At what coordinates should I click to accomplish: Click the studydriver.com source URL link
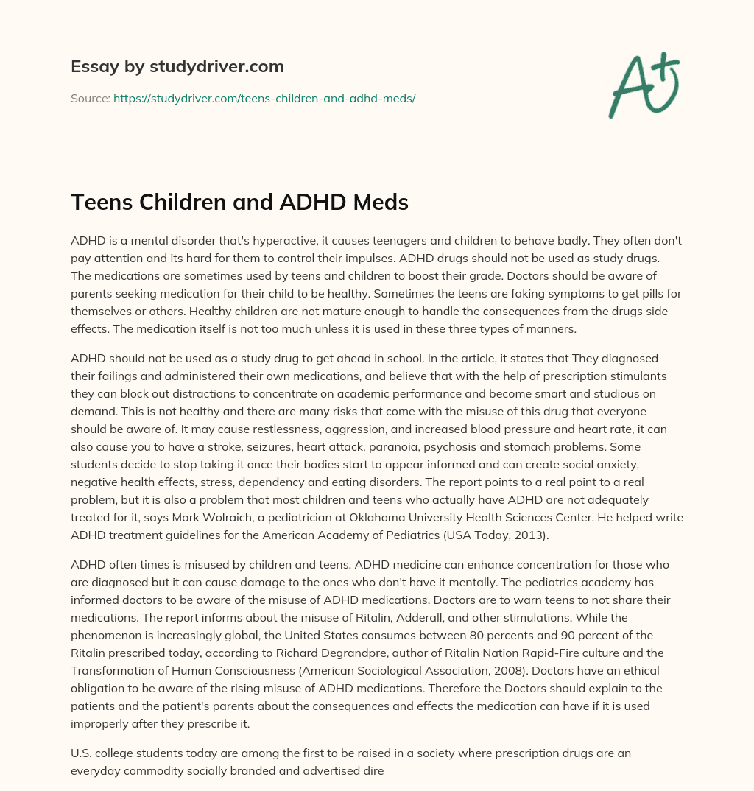[x=264, y=98]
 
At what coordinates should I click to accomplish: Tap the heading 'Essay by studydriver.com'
[x=177, y=66]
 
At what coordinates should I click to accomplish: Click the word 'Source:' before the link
[x=90, y=98]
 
